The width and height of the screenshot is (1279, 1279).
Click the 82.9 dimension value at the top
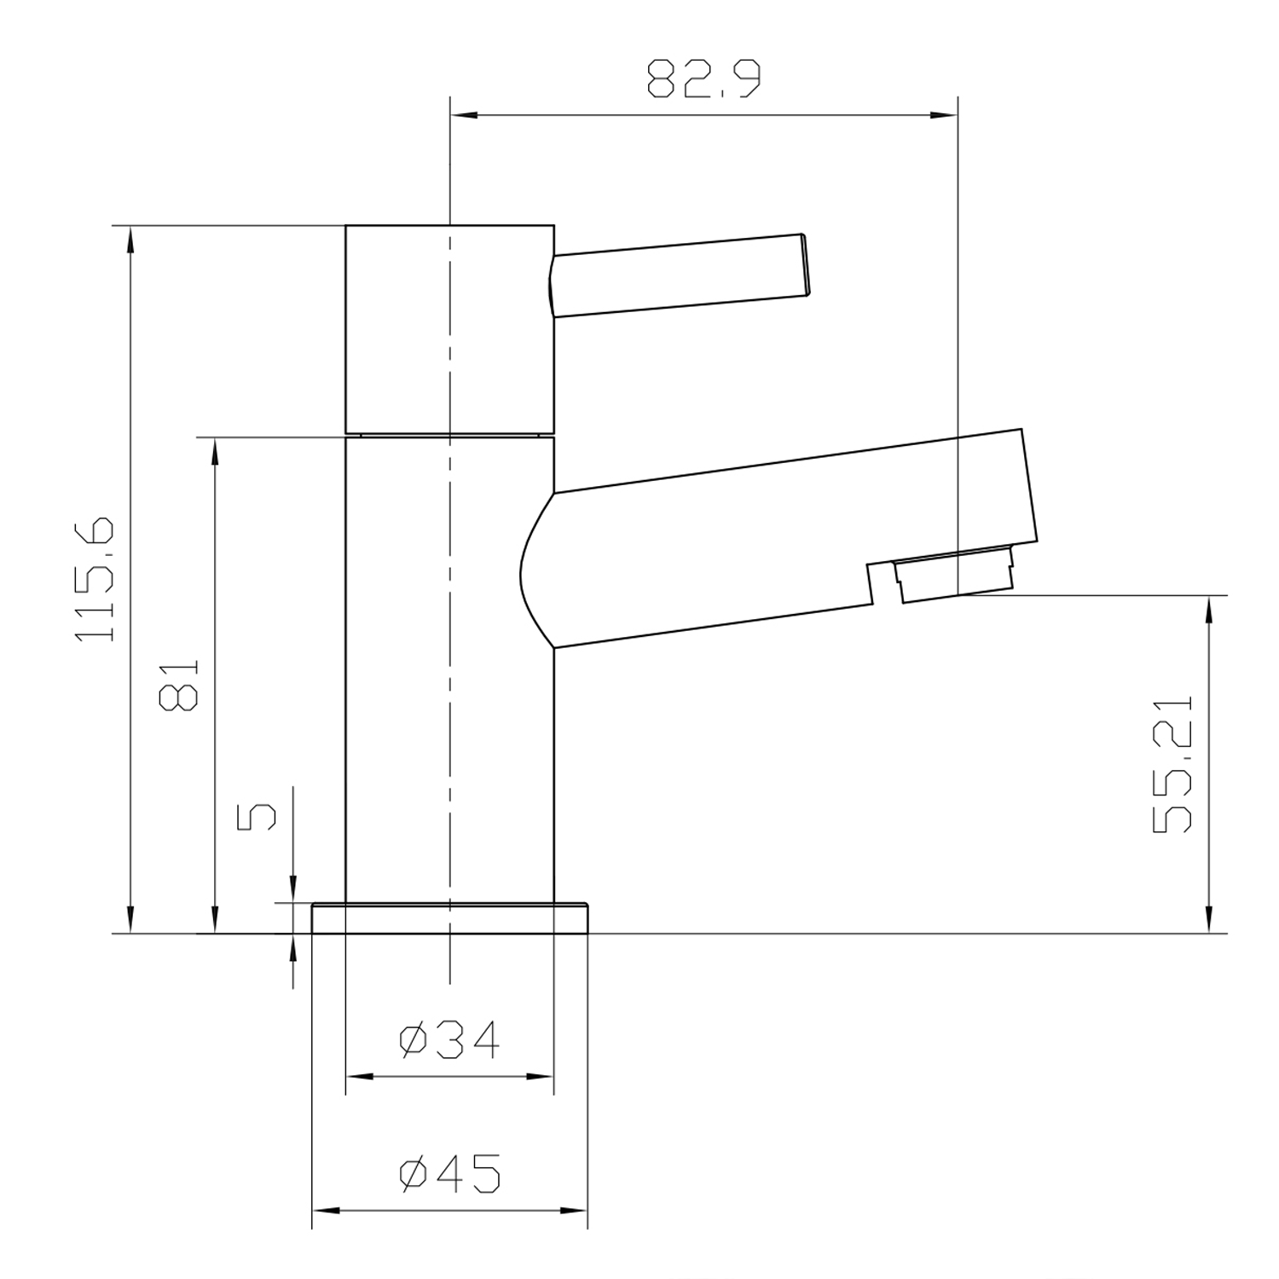point(703,78)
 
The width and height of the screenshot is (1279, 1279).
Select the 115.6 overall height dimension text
point(95,579)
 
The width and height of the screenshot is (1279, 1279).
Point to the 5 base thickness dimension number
point(256,816)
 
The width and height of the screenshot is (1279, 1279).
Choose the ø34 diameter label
point(449,1040)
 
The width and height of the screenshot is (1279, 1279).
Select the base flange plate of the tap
point(449,918)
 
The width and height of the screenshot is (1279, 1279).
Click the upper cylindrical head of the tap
point(449,329)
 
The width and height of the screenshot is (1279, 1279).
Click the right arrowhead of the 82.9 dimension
point(946,115)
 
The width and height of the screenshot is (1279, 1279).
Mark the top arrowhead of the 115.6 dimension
point(130,239)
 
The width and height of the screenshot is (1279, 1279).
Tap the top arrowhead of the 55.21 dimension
point(1208,607)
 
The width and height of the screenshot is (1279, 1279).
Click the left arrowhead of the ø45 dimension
point(325,1210)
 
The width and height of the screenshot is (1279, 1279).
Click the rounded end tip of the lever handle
point(803,265)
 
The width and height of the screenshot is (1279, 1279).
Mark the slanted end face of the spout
point(1029,486)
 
